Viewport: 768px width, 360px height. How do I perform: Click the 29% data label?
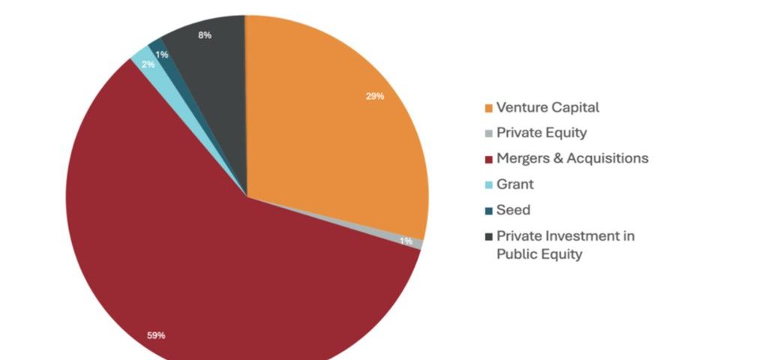click(x=375, y=96)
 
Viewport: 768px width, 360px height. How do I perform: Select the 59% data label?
click(x=156, y=335)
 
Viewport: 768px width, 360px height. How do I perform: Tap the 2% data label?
click(x=148, y=64)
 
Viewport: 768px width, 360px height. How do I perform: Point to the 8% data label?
click(x=205, y=35)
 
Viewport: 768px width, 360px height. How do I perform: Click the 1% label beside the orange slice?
click(x=406, y=241)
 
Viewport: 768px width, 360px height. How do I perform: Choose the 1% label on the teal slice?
click(x=162, y=55)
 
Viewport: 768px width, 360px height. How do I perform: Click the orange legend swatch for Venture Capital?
click(x=489, y=108)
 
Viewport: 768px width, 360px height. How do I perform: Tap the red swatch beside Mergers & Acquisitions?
click(x=489, y=159)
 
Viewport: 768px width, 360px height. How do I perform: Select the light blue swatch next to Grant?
click(x=489, y=184)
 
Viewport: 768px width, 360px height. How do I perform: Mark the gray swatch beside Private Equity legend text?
click(x=489, y=133)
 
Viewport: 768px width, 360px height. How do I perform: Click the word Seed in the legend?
click(x=513, y=210)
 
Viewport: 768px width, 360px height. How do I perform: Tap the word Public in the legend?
click(x=515, y=254)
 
